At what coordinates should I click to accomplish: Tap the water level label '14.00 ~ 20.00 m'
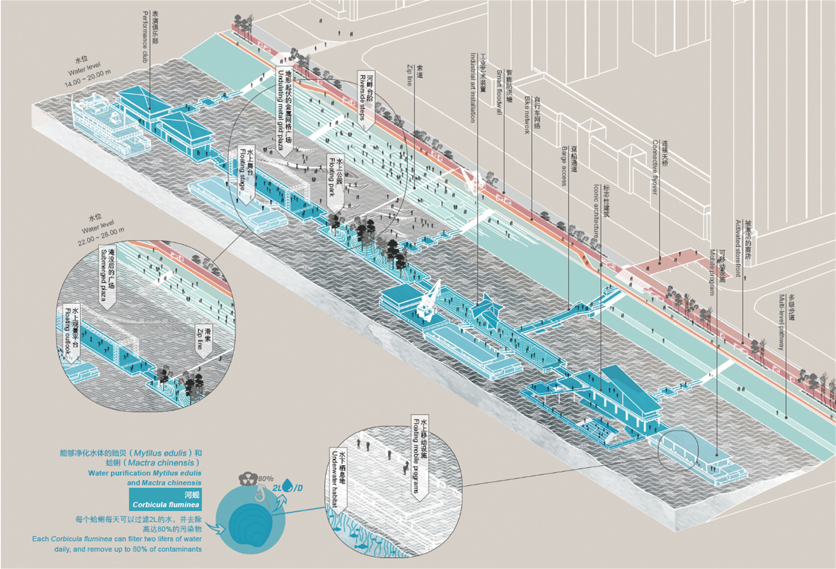coord(87,78)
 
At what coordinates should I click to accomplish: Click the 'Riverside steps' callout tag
coord(366,99)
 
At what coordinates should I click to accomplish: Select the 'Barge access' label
coord(568,165)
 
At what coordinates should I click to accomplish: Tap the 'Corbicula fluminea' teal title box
coord(165,500)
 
